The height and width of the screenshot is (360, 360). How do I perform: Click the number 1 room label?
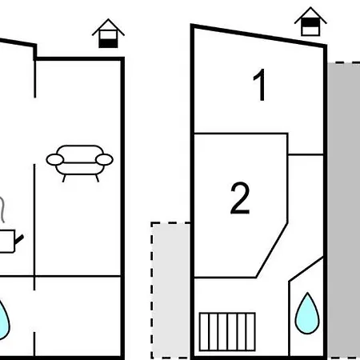(259, 85)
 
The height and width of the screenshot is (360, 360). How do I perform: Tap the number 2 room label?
(240, 198)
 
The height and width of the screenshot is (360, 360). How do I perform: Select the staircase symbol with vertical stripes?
(227, 331)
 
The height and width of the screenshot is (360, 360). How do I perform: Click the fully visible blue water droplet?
(307, 314)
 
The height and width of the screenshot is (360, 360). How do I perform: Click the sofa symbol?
(79, 163)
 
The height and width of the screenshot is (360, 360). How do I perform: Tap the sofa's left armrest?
(55, 160)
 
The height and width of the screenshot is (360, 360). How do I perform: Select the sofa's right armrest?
(104, 160)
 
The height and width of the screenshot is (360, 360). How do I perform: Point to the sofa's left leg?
(64, 178)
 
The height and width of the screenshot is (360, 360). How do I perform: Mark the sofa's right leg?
(98, 178)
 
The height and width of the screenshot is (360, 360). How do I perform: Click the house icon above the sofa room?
(108, 34)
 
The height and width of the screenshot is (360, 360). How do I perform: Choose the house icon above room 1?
(310, 22)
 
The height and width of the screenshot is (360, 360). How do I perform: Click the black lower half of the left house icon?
(108, 43)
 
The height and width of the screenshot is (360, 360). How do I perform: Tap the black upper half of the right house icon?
(310, 23)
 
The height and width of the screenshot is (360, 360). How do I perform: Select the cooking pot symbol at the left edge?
(7, 241)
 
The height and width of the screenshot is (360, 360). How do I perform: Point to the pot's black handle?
(19, 239)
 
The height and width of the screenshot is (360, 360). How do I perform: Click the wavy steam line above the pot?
(2, 210)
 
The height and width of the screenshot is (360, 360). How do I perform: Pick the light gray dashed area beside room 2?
(170, 290)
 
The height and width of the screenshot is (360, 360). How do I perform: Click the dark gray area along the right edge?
(344, 210)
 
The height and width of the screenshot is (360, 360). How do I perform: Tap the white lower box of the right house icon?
(310, 31)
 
